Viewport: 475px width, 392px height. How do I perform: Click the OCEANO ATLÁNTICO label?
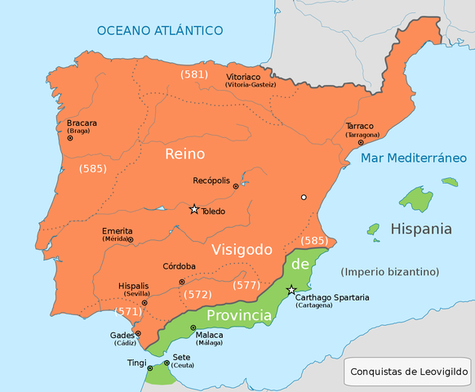click(160, 30)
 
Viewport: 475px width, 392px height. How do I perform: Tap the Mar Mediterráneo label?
click(414, 158)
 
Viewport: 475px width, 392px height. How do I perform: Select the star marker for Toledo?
click(194, 209)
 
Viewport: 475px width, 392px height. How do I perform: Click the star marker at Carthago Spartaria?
click(291, 290)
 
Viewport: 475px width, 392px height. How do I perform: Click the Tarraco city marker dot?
click(360, 143)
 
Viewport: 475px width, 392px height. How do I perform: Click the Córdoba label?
click(179, 266)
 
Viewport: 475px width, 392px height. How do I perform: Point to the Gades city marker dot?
click(139, 333)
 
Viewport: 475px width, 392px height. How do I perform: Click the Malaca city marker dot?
click(193, 327)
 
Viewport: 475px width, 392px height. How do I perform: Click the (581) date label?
click(194, 74)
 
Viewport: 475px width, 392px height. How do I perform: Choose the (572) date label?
click(198, 294)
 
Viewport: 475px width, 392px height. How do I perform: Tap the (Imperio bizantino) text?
click(390, 271)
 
